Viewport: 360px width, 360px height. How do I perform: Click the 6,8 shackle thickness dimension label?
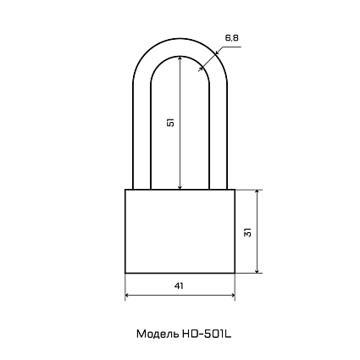tap(232, 38)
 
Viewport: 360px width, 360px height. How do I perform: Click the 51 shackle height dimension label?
tap(170, 122)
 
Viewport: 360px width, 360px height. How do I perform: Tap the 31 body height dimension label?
tap(247, 231)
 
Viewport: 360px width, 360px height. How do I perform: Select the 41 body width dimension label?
tap(179, 285)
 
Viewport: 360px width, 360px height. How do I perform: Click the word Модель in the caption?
tap(158, 334)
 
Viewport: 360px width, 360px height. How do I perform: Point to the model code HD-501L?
tap(206, 334)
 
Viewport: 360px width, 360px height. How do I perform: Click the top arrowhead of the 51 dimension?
tap(180, 58)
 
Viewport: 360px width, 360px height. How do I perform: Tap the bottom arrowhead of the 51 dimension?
tap(180, 187)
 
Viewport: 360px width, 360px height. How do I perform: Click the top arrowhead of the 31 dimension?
tap(257, 192)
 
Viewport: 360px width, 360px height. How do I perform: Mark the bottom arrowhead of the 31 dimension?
tap(257, 271)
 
